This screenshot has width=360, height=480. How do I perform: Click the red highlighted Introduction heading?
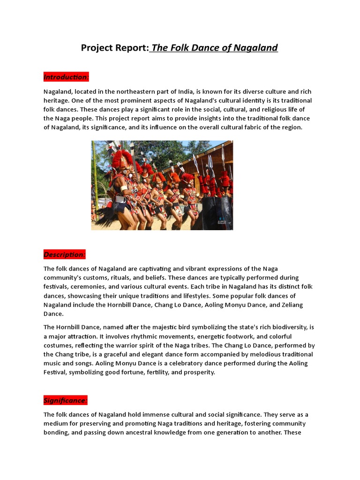(x=66, y=77)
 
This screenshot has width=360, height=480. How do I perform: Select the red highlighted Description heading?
(x=65, y=255)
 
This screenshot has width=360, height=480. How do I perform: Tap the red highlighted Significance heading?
(x=66, y=401)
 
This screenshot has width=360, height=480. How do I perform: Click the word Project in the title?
(x=98, y=48)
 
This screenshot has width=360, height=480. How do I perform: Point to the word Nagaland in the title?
(x=255, y=48)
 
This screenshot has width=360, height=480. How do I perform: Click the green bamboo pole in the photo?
(x=95, y=173)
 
